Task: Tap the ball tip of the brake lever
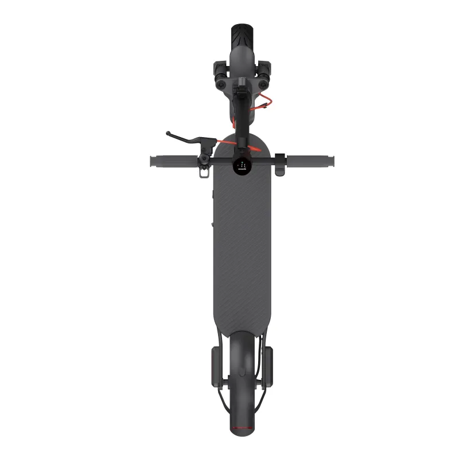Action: coord(168,134)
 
